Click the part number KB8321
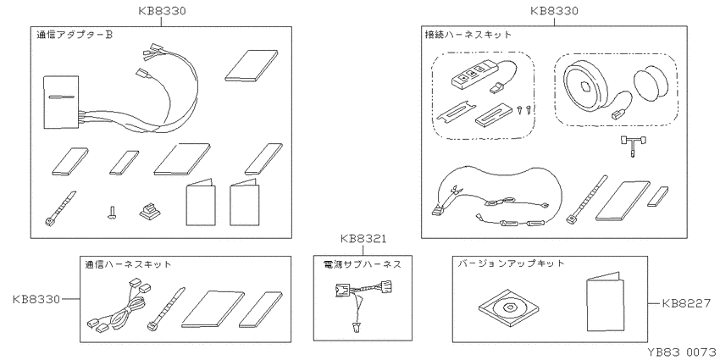(363, 239)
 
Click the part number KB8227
(686, 303)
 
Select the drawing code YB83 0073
(684, 352)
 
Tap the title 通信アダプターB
(74, 35)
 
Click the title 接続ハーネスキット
(468, 35)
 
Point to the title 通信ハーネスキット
(128, 264)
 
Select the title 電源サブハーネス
(363, 264)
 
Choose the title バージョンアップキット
(511, 263)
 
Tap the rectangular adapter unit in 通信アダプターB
(61, 102)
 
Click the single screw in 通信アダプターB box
(110, 212)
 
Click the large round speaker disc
(582, 87)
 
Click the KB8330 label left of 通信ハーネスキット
(36, 299)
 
